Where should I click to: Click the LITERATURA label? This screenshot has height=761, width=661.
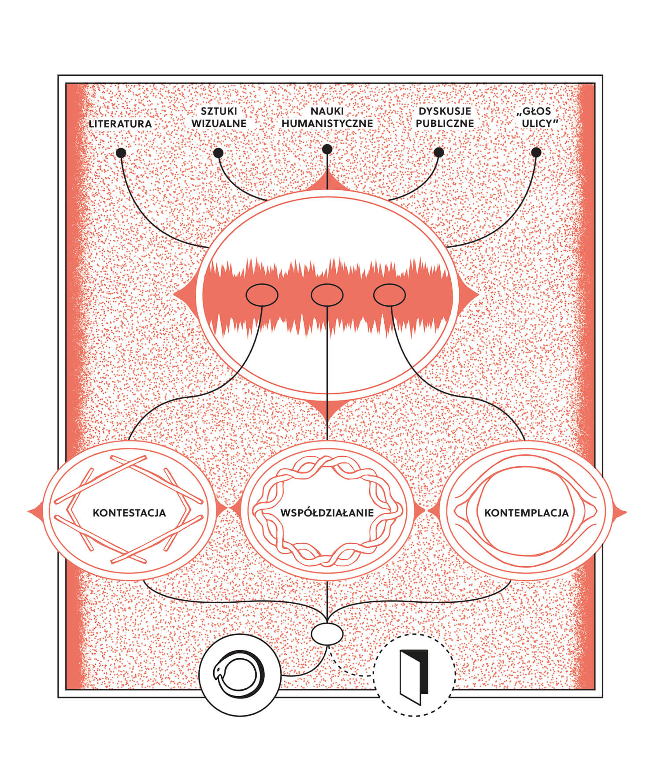tap(120, 124)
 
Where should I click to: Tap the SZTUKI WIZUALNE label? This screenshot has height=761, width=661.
tap(219, 117)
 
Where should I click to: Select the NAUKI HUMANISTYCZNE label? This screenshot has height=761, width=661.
tap(327, 117)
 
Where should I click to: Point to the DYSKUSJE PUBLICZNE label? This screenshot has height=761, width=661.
tap(445, 117)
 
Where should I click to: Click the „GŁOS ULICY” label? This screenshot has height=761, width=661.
tap(536, 117)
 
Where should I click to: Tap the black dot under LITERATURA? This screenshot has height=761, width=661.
tap(121, 153)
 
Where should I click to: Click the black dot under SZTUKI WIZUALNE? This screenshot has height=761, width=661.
tap(218, 153)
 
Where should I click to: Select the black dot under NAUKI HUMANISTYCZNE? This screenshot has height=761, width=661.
tap(327, 149)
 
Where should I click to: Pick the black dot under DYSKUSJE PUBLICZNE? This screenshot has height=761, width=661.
tap(438, 152)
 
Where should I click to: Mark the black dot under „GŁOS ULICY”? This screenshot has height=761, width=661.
tap(536, 152)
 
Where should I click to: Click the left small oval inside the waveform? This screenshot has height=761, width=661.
tap(262, 295)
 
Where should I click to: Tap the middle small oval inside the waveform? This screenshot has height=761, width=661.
tap(327, 295)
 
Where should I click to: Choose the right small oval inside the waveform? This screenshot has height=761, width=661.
tap(390, 295)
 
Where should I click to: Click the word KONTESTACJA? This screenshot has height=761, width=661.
tap(129, 513)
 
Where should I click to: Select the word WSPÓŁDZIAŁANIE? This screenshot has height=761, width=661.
tap(327, 512)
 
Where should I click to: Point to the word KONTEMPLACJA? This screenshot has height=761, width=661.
tap(526, 513)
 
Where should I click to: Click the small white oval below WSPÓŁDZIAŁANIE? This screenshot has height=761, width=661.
tap(327, 635)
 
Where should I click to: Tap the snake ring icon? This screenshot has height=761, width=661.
tap(240, 675)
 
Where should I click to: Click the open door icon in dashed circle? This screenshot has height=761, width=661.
tap(414, 675)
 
